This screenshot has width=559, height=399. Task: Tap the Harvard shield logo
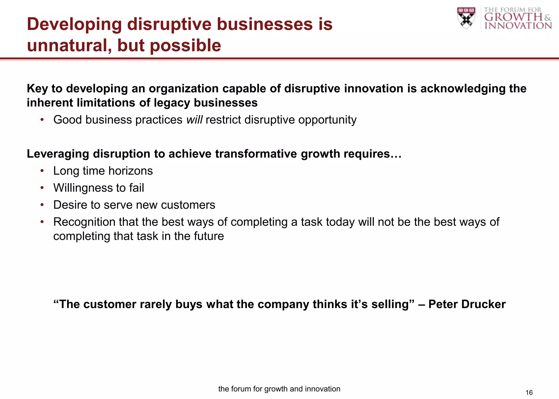[x=466, y=18]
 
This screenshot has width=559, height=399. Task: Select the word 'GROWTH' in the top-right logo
[x=513, y=17]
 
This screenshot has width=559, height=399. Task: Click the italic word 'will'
[x=194, y=120]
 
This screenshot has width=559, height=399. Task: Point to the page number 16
[x=529, y=393]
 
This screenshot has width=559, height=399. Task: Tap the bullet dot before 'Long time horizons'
[x=42, y=171]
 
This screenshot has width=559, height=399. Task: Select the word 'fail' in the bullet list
[x=137, y=188]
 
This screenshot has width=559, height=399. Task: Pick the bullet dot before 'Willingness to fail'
[x=42, y=188]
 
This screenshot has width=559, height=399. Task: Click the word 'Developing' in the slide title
[x=74, y=24]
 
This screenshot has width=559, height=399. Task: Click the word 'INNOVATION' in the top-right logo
[x=518, y=26]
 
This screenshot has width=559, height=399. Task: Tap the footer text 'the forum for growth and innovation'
[x=279, y=389]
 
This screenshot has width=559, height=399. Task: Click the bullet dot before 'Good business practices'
[x=42, y=120]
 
